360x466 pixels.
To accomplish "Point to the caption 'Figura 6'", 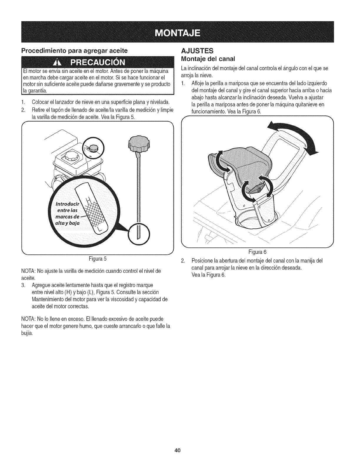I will pos(257,252).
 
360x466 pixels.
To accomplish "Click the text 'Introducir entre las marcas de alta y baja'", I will pos(65,209).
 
